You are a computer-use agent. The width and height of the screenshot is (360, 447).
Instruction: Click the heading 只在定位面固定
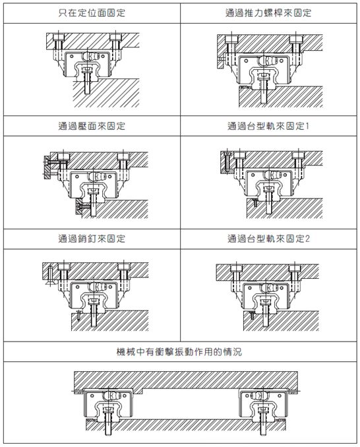(x=92, y=13)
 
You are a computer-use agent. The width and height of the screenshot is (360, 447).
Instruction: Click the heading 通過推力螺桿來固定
(x=268, y=13)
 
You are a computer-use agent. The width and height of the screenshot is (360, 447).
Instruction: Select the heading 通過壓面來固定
(x=92, y=126)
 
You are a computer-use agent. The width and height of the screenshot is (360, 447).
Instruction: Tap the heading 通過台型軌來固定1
(x=268, y=126)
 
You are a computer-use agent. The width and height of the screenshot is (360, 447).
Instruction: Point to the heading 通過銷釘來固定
(x=92, y=239)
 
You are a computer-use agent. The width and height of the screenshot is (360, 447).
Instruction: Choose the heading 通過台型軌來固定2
(x=268, y=239)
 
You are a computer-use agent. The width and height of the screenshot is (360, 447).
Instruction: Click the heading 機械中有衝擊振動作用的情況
(x=179, y=352)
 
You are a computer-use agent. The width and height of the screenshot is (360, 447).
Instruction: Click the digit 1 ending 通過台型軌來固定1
(x=307, y=126)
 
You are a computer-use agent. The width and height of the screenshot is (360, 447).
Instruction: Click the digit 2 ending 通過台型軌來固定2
(x=307, y=239)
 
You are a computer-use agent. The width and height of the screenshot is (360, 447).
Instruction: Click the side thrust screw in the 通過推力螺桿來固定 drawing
(x=222, y=59)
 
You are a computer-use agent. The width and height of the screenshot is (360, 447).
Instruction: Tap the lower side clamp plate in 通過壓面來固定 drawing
(x=78, y=206)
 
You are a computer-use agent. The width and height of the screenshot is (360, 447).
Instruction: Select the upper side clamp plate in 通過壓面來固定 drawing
(x=47, y=167)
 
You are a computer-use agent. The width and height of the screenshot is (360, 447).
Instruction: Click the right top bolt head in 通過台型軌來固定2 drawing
(x=295, y=268)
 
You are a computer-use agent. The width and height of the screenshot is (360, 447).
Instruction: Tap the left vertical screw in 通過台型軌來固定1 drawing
(x=227, y=162)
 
